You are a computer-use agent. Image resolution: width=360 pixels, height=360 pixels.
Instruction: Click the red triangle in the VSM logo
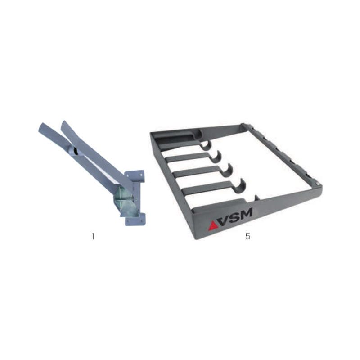tap(213, 225)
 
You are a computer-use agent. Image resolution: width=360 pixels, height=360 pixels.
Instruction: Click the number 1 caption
tap(93, 236)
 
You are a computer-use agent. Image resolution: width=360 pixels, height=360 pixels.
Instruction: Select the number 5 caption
tap(248, 236)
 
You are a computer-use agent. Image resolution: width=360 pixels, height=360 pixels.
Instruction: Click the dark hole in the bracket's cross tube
tap(76, 152)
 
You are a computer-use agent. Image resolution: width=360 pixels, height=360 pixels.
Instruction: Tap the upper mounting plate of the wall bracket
tap(135, 175)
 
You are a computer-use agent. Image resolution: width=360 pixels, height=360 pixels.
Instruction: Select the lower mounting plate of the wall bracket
tap(135, 219)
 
